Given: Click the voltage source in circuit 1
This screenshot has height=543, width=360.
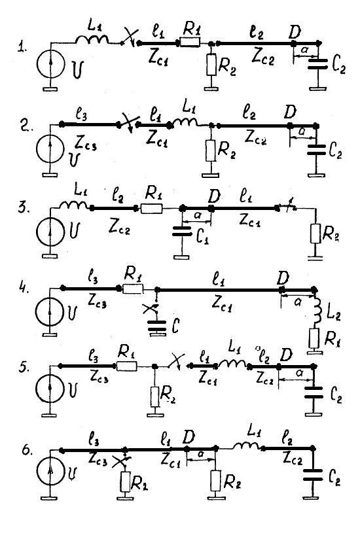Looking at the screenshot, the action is (51, 65).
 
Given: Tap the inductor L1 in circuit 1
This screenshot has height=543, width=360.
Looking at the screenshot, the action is (92, 40).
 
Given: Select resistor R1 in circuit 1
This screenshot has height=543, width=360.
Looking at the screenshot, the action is (190, 43).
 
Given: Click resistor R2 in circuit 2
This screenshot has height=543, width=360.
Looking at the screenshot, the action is (211, 150).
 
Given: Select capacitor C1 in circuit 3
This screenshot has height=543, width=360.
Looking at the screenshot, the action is (182, 232).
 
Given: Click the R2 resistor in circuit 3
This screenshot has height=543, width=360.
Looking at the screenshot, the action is (315, 233).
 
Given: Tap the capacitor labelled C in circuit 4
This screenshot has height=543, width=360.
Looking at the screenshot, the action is (157, 326).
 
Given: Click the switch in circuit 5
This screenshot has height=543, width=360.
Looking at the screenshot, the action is (177, 363).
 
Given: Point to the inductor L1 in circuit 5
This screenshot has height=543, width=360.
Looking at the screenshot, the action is (232, 364).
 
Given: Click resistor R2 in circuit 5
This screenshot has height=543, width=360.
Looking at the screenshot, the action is (154, 396).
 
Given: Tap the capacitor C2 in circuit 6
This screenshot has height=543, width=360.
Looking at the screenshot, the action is (312, 475).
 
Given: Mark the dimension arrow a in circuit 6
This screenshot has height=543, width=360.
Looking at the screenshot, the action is (200, 459).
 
